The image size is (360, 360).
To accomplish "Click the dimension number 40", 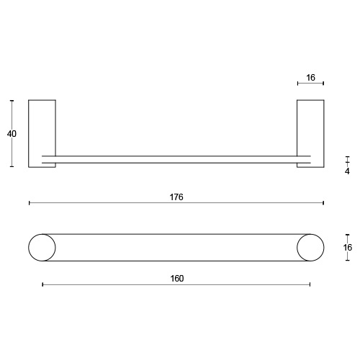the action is pyautogui.click(x=12, y=134).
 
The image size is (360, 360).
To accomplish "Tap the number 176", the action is pyautogui.click(x=176, y=197).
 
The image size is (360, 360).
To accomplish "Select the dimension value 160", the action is pyautogui.click(x=177, y=279).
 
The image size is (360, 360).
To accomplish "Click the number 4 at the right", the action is pyautogui.click(x=347, y=171).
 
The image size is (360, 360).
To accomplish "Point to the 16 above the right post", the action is pyautogui.click(x=310, y=78).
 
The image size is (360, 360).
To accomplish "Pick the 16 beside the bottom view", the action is pyautogui.click(x=348, y=248).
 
